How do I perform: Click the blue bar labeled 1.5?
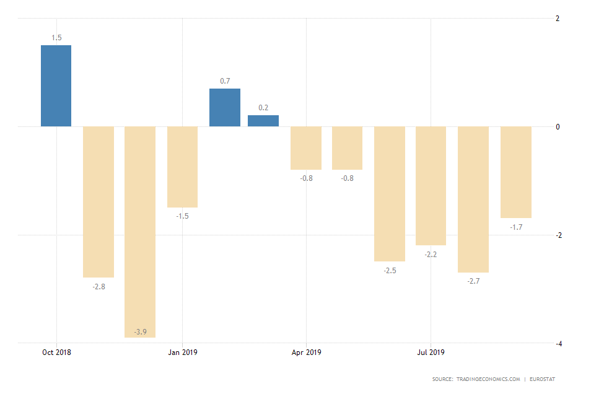[x=56, y=85]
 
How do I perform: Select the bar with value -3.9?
[x=140, y=232]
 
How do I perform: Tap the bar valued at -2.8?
[x=98, y=201]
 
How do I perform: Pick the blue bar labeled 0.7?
[x=224, y=107]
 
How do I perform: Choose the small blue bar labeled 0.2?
[x=263, y=121]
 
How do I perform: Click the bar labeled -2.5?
[x=390, y=193]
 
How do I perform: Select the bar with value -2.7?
[x=473, y=199]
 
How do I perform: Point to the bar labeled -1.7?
[x=516, y=172]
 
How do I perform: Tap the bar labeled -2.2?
[x=431, y=186]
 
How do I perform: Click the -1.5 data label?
[x=182, y=216]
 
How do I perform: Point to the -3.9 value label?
[x=140, y=332]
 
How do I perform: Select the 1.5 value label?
[x=56, y=38]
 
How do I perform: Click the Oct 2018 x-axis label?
[x=56, y=352]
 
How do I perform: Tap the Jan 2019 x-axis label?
[x=182, y=352]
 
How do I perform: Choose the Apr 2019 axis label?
[x=307, y=352]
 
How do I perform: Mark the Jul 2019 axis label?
[x=431, y=352]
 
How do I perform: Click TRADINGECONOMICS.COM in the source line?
[x=484, y=379]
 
